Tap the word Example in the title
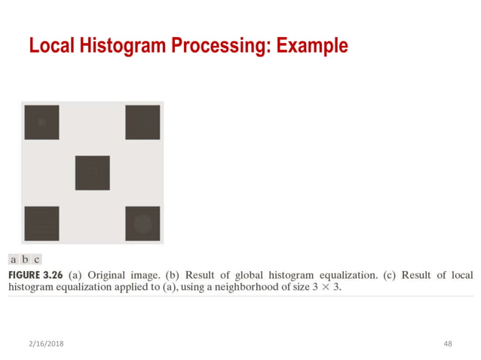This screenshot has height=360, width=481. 312,46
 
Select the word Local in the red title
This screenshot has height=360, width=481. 51,46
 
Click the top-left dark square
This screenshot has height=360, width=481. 41,122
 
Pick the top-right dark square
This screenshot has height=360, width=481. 142,122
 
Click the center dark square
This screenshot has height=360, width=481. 92,172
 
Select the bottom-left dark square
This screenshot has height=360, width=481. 41,223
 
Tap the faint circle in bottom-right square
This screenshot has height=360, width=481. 142,224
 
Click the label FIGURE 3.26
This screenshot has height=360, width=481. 35,275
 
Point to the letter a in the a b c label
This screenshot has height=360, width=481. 14,260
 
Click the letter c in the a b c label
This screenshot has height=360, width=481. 36,260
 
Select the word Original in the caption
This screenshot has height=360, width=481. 109,275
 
